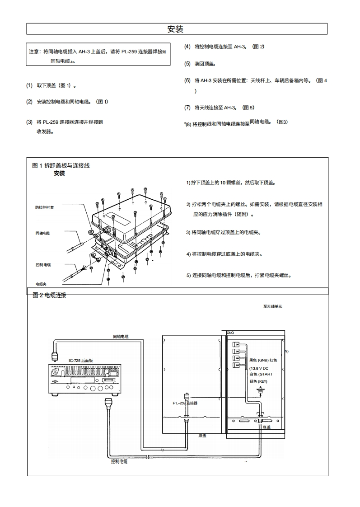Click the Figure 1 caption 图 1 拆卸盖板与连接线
(61, 165)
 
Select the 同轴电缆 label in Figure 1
(42, 233)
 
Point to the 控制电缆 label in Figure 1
(43, 265)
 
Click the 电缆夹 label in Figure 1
(41, 284)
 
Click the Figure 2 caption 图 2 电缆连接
(49, 295)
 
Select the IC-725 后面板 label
(81, 360)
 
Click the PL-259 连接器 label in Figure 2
(185, 402)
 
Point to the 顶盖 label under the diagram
(202, 436)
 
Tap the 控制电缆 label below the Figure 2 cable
(119, 461)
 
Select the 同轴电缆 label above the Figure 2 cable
(121, 336)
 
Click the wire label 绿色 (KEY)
(258, 381)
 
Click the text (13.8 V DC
(258, 368)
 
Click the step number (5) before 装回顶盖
(187, 64)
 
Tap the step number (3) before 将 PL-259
(29, 122)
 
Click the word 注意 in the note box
(34, 52)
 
